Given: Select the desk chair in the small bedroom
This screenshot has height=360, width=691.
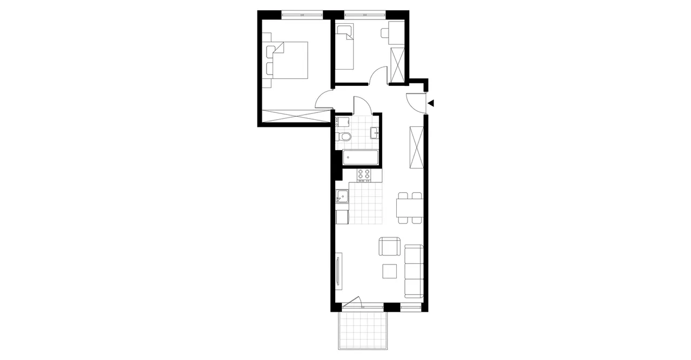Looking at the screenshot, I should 385,33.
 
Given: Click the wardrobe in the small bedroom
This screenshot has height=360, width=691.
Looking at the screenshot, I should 397,66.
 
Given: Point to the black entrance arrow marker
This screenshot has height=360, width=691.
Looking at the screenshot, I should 431,103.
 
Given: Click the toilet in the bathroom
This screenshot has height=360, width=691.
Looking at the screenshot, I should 345,136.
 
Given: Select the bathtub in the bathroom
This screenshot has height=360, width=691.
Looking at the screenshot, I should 360,158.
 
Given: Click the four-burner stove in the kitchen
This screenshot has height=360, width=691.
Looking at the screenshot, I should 364,175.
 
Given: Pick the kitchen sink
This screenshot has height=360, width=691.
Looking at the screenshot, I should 342,198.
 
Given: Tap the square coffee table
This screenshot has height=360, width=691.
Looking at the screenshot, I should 390,270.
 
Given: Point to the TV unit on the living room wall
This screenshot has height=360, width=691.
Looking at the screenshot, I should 338,273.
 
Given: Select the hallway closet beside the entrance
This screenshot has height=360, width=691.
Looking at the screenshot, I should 416,147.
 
